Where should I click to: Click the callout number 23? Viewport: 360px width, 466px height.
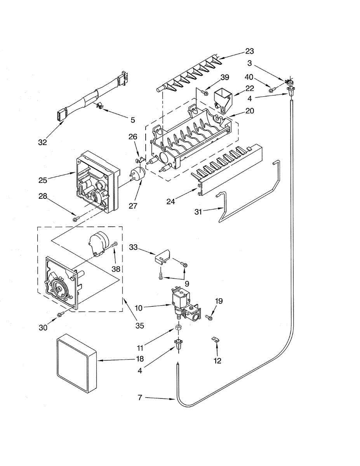pyautogui.click(x=249, y=51)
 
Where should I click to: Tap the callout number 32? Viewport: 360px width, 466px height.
pyautogui.click(x=42, y=142)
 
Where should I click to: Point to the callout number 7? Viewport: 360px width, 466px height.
pyautogui.click(x=140, y=397)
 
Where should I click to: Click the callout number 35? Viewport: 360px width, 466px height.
pyautogui.click(x=139, y=325)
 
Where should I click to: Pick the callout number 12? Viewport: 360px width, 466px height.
pyautogui.click(x=217, y=361)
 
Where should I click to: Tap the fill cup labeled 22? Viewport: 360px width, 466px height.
pyautogui.click(x=223, y=98)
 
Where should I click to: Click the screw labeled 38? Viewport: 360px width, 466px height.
pyautogui.click(x=114, y=245)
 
